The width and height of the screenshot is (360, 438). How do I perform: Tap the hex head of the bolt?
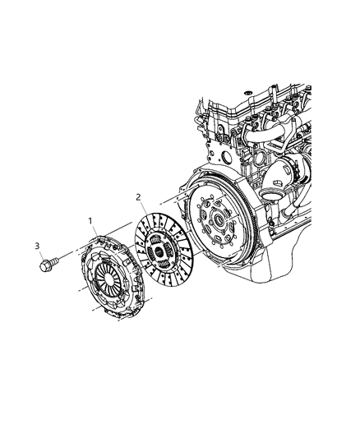pos(44,266)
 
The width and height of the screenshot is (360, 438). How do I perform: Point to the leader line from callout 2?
pos(145,208)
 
